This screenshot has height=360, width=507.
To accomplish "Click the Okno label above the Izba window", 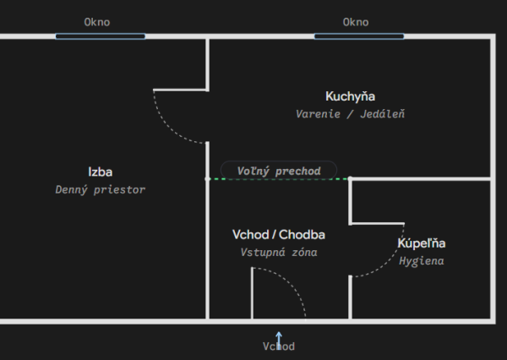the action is click(x=97, y=22).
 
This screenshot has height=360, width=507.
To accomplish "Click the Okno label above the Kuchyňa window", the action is click(x=356, y=22).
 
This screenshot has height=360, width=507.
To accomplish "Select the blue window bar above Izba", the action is click(x=101, y=36).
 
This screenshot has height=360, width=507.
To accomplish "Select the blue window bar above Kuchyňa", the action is click(x=359, y=36).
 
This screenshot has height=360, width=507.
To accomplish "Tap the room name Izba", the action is click(x=101, y=172).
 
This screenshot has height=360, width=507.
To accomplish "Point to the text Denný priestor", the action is click(x=101, y=189).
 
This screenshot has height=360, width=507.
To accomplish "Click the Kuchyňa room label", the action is click(x=350, y=96).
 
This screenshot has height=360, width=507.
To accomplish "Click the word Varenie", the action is click(x=319, y=114).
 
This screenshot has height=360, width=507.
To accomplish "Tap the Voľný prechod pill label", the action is click(x=279, y=171).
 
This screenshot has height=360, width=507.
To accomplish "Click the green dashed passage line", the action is click(x=279, y=178).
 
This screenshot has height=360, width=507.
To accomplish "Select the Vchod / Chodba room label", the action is click(x=279, y=234).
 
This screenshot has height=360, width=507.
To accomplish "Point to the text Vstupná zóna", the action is click(x=279, y=253).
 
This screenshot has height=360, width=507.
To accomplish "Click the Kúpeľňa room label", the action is click(x=422, y=243).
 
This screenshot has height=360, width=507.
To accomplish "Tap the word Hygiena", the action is click(x=422, y=260).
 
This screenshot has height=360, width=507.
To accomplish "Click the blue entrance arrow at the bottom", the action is click(x=279, y=341).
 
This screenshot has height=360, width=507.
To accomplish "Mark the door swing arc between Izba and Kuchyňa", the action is click(x=168, y=128).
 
